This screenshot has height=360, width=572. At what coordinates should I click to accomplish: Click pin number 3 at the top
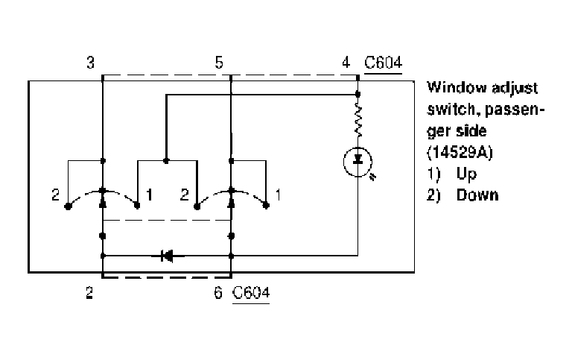pyautogui.click(x=90, y=63)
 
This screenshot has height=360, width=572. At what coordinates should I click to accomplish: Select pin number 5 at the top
pyautogui.click(x=218, y=63)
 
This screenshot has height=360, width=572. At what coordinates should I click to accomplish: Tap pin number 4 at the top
pyautogui.click(x=346, y=63)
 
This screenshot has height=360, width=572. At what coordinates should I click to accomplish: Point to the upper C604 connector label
pyautogui.click(x=383, y=63)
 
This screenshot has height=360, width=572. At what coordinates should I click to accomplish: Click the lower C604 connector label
pyautogui.click(x=251, y=292)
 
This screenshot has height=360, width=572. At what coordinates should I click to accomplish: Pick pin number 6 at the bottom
pyautogui.click(x=217, y=292)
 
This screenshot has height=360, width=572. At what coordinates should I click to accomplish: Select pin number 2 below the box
pyautogui.click(x=89, y=292)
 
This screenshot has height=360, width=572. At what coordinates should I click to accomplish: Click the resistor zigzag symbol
pyautogui.click(x=357, y=119)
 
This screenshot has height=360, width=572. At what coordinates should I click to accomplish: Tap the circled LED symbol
pyautogui.click(x=357, y=162)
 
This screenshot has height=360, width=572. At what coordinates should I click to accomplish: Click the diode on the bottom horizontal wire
pyautogui.click(x=167, y=256)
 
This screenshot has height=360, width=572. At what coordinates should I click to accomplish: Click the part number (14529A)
pyautogui.click(x=460, y=152)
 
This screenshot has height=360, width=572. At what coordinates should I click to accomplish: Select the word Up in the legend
pyautogui.click(x=466, y=174)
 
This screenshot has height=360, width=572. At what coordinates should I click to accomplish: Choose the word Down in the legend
pyautogui.click(x=477, y=195)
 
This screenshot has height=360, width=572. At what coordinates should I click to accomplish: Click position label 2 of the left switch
pyautogui.click(x=55, y=195)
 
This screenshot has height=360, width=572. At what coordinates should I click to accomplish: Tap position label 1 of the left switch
pyautogui.click(x=149, y=195)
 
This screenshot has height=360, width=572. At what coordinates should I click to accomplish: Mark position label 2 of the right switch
pyautogui.click(x=185, y=195)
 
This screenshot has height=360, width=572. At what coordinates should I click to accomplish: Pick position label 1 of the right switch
pyautogui.click(x=279, y=195)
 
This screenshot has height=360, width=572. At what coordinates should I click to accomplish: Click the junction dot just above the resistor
pyautogui.click(x=357, y=94)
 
